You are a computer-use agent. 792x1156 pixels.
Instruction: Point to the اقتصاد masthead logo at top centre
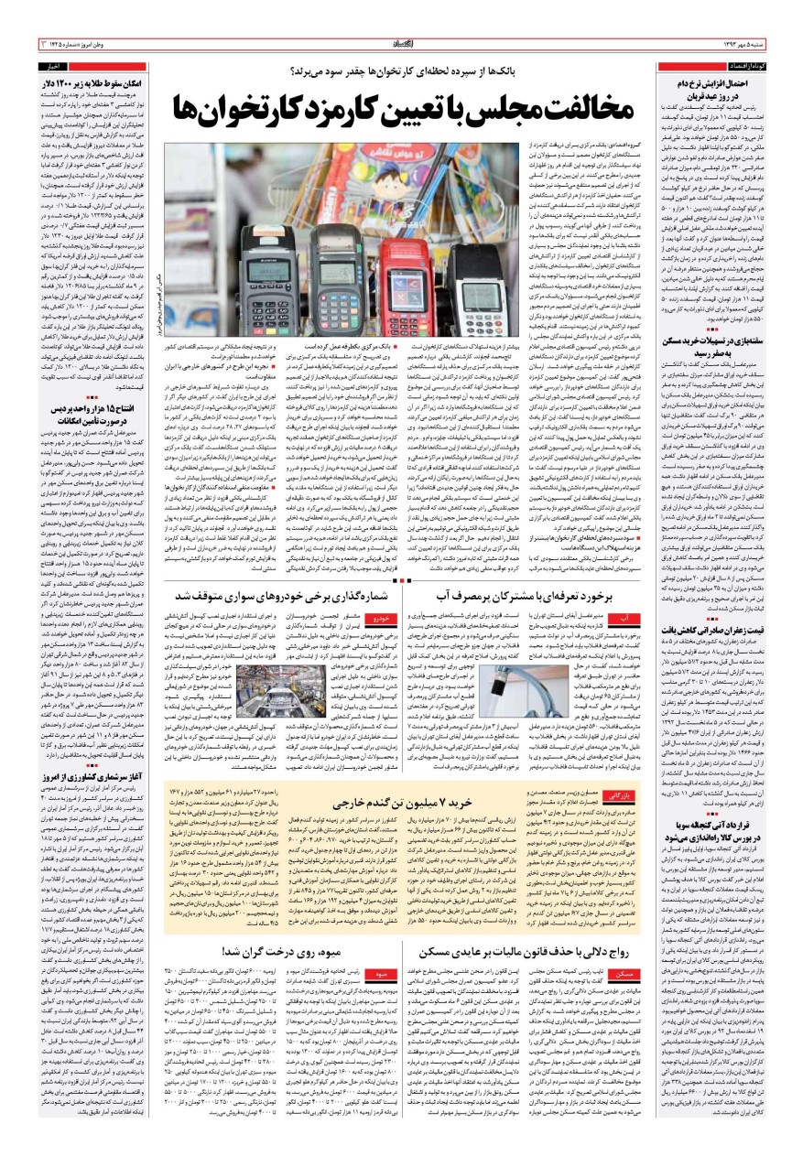pyautogui.click(x=396, y=43)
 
